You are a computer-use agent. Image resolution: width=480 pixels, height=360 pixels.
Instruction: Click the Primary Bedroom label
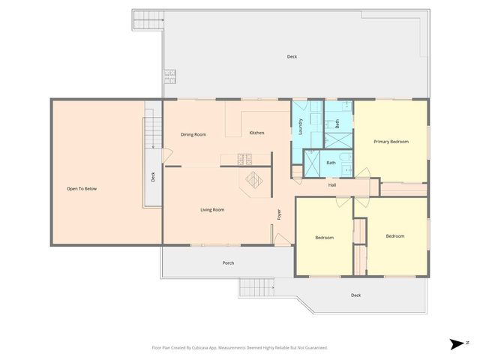point(391,141)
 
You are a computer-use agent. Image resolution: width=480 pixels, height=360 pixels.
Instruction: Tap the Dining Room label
point(193,134)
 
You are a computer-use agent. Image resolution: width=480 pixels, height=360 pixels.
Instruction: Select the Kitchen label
point(256,133)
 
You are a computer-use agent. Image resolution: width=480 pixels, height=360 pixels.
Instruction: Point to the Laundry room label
point(300,127)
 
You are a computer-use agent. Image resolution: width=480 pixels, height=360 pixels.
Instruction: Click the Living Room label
point(212,210)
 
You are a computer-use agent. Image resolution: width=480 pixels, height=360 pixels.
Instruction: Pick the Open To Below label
point(82,188)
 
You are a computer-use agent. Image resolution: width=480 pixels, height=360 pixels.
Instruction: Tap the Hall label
point(331,184)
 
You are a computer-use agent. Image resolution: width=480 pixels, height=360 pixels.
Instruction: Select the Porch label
point(228,262)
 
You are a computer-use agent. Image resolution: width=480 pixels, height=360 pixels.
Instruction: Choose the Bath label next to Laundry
point(337,124)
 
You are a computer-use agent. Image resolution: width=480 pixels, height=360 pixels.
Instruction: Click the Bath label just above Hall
point(331,163)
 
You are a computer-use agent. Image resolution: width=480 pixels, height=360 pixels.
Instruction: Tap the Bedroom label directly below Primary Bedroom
point(394,236)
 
